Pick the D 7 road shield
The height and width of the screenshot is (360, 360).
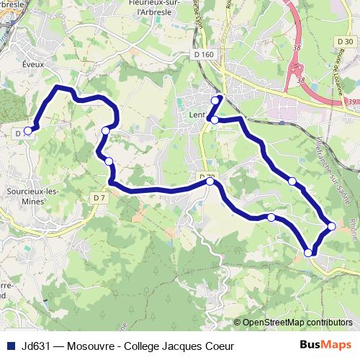(x=99, y=197)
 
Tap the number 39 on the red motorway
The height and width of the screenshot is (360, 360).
(x=351, y=104)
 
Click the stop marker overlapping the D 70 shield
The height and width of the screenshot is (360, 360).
(x=210, y=181)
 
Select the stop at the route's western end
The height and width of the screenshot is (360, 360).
(x=28, y=131)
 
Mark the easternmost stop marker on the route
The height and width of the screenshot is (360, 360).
(x=332, y=226)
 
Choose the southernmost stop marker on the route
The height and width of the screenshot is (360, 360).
(x=308, y=253)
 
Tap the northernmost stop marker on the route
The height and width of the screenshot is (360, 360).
(x=220, y=99)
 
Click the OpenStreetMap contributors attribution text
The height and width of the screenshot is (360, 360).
(x=297, y=323)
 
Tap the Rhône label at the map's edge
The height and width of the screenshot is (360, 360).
(x=353, y=230)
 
